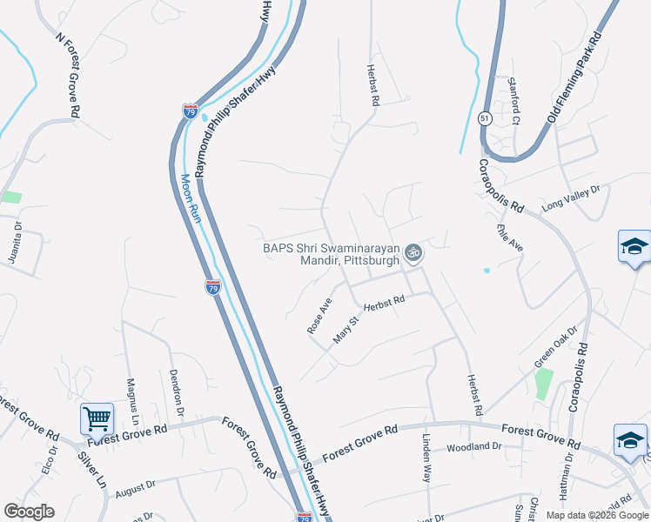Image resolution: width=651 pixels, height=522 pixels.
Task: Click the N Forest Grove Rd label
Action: [68, 76]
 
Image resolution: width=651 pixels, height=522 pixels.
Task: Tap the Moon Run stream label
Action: [191, 197]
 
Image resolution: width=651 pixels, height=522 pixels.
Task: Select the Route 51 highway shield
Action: [484, 117]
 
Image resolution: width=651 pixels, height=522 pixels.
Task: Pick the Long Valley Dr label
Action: [571, 198]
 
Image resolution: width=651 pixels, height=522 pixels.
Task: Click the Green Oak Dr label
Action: [556, 345]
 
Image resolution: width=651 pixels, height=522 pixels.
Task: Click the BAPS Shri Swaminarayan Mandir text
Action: [331, 253]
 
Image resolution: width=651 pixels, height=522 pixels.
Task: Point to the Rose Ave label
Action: [319, 317]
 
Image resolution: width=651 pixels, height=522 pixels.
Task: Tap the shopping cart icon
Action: [97, 418]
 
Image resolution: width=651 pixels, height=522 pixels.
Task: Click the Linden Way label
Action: [426, 458]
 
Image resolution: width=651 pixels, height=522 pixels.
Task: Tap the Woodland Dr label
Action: [475, 447]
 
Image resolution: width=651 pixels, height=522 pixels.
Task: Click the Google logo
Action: [29, 512]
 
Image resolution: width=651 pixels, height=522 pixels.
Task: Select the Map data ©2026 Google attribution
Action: [596, 515]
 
